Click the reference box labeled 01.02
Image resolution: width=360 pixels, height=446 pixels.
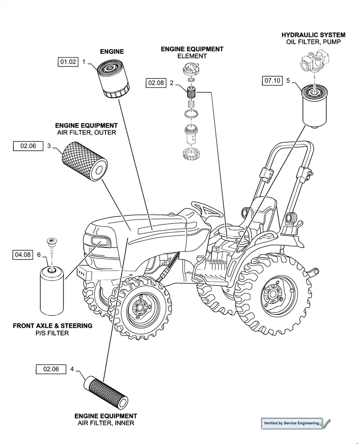point(68,62)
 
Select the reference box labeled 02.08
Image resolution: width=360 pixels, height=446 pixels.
point(156,83)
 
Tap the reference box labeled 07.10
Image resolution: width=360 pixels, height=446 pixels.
point(272,81)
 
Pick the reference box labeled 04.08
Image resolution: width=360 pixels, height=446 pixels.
point(23,255)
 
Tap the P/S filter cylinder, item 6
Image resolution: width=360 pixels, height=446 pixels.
point(53,290)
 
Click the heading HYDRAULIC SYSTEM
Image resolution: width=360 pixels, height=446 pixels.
point(313,34)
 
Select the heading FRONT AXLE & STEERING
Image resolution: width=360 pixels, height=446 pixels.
point(53,326)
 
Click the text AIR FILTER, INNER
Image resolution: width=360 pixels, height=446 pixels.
point(106,423)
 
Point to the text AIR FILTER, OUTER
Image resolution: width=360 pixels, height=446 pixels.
point(86,132)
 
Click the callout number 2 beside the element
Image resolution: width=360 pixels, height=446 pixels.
point(172,83)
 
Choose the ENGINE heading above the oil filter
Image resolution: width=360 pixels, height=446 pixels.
point(111,52)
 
